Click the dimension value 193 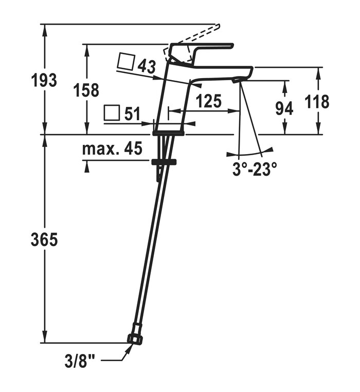click(44, 81)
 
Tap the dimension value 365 click(44, 239)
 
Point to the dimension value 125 click(208, 101)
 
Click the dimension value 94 click(284, 108)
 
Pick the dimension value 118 click(317, 101)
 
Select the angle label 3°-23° click(255, 169)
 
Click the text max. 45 click(112, 150)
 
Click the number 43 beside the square click(147, 66)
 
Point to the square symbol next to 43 click(125, 62)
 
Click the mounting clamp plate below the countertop click(164, 161)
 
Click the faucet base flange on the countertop click(169, 133)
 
